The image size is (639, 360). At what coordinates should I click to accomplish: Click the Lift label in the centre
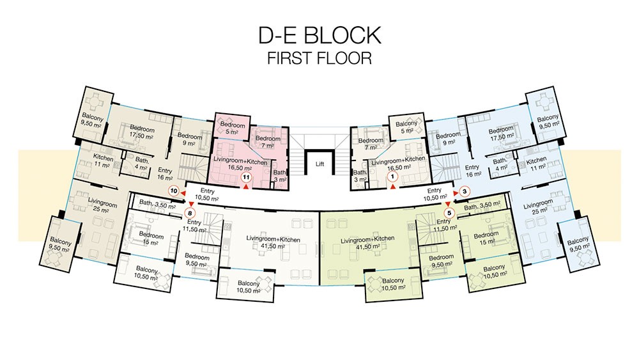click(x=320, y=164)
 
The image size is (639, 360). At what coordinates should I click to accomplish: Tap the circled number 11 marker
click(x=246, y=177)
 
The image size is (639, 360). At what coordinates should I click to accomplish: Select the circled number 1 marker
click(x=392, y=177)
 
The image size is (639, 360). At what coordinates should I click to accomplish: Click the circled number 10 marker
click(x=174, y=191)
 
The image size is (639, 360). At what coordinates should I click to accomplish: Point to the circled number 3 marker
click(x=465, y=191)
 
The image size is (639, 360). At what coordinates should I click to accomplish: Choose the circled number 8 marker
click(x=190, y=212)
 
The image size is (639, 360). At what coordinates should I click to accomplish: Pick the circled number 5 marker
click(x=449, y=212)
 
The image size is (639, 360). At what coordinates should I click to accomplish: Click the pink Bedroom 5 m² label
click(x=233, y=128)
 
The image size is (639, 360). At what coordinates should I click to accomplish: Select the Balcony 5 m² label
click(x=406, y=127)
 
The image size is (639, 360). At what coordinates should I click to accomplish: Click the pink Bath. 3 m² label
click(x=280, y=176)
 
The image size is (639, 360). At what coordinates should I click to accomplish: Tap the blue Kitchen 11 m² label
click(x=536, y=164)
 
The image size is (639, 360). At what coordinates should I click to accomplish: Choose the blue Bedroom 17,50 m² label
click(x=501, y=134)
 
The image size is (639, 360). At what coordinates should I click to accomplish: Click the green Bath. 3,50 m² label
click(x=482, y=207)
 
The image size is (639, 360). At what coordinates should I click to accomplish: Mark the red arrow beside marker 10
click(x=183, y=193)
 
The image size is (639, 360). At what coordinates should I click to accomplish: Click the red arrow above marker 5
click(x=448, y=204)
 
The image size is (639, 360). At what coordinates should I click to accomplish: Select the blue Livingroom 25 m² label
click(x=538, y=207)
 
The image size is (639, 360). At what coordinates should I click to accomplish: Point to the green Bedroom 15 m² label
click(x=486, y=238)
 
